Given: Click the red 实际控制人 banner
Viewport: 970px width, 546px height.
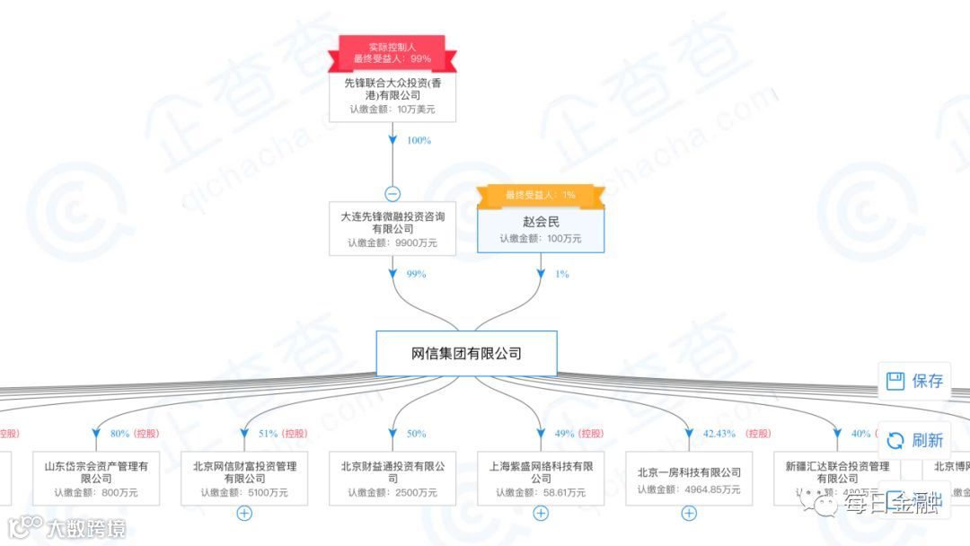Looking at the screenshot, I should [392, 51].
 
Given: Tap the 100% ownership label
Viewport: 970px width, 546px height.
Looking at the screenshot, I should [419, 141].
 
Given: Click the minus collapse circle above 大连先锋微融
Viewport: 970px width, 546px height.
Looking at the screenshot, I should [392, 193].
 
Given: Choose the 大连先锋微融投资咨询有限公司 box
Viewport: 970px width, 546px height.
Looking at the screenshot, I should [392, 229].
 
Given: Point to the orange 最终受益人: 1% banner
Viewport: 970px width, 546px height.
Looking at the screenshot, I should [540, 195].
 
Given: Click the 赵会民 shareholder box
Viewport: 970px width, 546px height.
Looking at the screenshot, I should [540, 229].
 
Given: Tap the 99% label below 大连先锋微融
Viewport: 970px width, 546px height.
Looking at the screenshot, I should [416, 274].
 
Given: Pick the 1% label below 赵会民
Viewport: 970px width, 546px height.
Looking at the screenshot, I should [561, 274].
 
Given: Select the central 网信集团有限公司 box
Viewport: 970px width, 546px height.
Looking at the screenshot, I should [466, 353].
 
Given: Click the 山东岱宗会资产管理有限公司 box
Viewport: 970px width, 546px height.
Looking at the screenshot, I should [96, 479].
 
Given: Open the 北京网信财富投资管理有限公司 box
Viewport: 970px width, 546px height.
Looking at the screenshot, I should [244, 479].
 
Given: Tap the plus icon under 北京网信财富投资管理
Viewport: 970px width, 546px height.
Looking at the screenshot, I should [244, 514].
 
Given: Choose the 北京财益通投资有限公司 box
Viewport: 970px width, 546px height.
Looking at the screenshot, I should [392, 479].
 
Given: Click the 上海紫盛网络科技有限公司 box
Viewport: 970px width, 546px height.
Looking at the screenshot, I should [541, 479].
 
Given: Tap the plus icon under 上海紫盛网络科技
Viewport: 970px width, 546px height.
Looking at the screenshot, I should [541, 514].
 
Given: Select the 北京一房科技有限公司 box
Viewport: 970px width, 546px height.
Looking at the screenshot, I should [689, 479].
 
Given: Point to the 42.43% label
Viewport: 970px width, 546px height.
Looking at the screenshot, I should [719, 434].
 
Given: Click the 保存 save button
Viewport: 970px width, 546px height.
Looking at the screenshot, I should [915, 381].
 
